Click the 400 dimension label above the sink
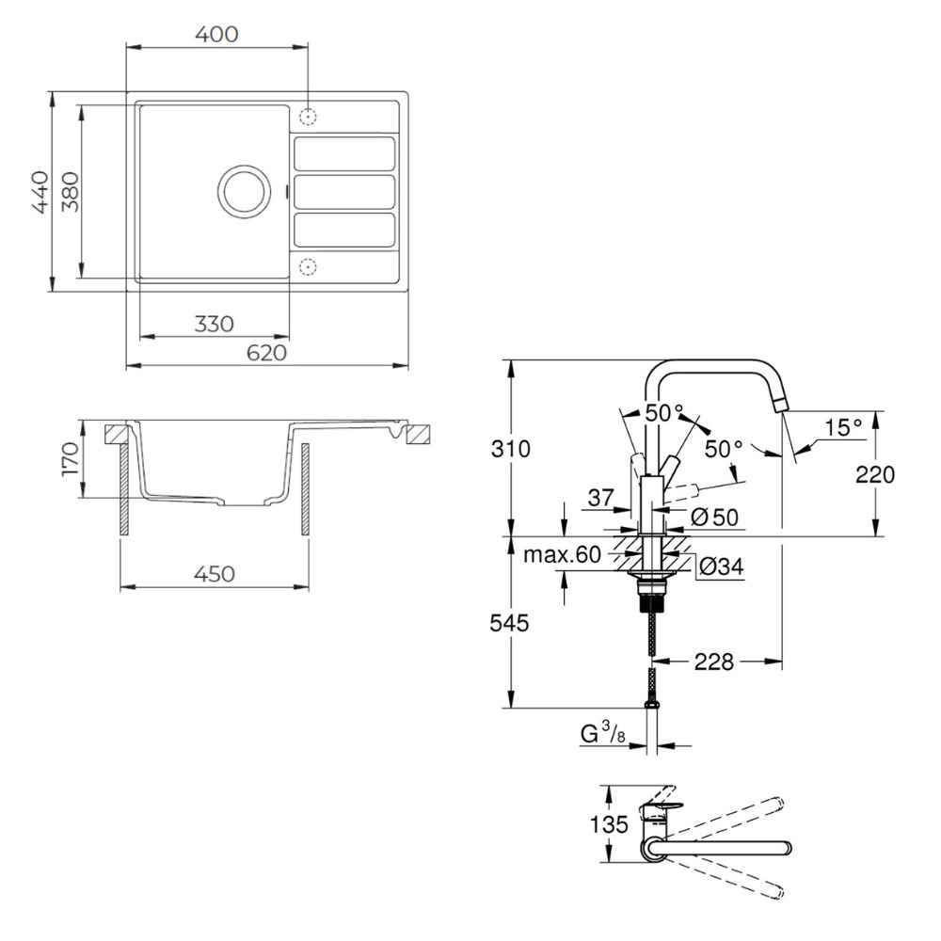[216, 34]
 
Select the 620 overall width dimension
[266, 352]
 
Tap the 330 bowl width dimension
[214, 323]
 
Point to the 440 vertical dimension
[40, 192]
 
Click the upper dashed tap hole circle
[307, 117]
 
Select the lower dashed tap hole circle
[307, 266]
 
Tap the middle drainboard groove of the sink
[343, 191]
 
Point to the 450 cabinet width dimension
[214, 574]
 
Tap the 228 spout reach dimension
[714, 662]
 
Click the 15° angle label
[844, 427]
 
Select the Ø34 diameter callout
[722, 566]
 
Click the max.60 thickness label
[562, 555]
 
